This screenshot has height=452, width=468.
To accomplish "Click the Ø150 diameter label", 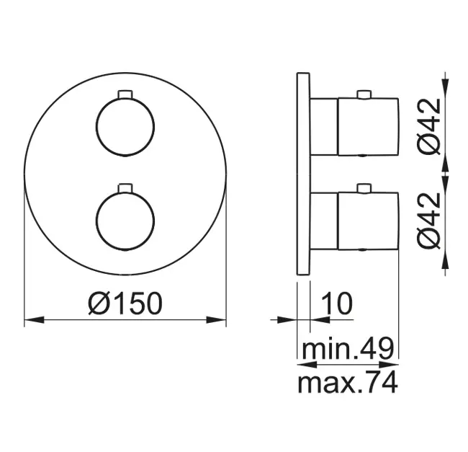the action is [x=126, y=303].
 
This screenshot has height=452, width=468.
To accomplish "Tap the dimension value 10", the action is [x=337, y=303].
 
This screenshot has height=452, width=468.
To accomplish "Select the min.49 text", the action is [x=348, y=348].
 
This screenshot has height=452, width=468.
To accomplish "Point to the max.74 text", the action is [x=348, y=382].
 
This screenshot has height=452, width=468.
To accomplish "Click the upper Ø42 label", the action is [x=429, y=126].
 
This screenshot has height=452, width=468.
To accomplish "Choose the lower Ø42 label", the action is [x=429, y=221].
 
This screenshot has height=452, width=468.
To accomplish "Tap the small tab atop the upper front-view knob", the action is [x=125, y=94].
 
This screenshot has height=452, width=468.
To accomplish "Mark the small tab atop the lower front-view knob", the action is [x=125, y=187].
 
